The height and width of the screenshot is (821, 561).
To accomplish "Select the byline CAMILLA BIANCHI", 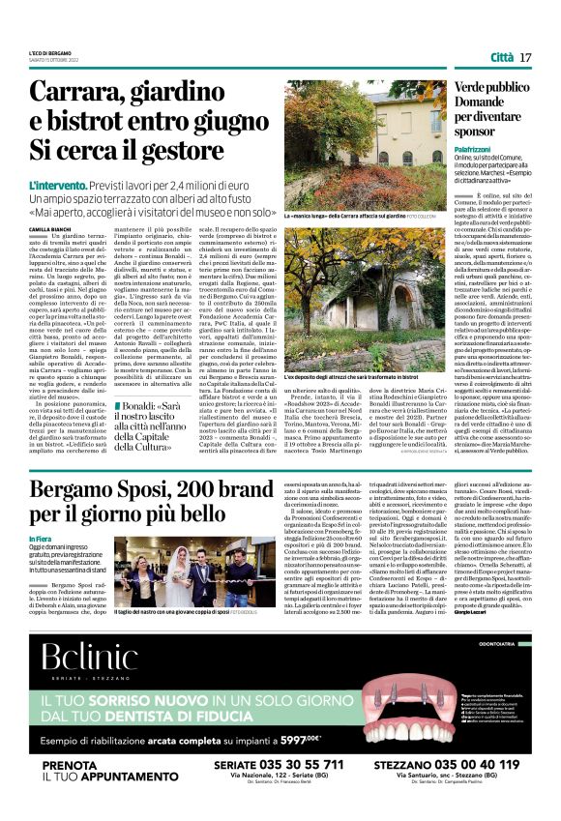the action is tap(50, 229).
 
